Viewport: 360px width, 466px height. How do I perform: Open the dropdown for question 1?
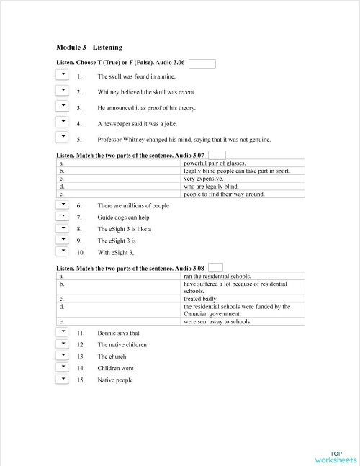62,74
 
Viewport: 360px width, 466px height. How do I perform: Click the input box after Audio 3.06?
202,63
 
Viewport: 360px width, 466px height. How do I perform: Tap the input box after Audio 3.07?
217,155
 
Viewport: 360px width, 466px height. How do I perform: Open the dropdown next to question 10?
62,252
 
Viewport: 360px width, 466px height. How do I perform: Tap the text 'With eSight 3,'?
116,253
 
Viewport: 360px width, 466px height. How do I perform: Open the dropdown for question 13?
62,356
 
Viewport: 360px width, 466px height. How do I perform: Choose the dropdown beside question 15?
62,380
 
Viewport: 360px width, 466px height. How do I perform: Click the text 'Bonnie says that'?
119,333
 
